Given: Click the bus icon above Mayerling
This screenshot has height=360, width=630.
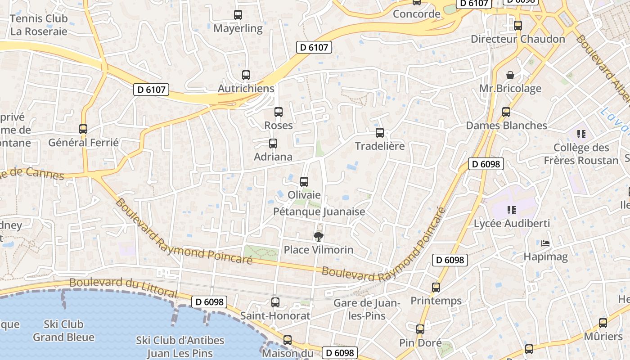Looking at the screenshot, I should click(238, 15).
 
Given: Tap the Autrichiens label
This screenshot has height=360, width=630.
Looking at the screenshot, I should click(246, 89).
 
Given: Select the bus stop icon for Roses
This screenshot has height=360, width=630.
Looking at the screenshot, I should click(279, 112).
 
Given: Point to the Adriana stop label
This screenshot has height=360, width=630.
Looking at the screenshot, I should click(273, 157).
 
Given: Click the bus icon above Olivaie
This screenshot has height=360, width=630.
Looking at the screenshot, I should click(304, 182).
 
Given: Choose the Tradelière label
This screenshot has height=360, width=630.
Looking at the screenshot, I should click(380, 146).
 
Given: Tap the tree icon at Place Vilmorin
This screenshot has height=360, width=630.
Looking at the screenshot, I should click(319, 237).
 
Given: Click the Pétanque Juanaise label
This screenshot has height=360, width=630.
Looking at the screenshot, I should click(319, 211).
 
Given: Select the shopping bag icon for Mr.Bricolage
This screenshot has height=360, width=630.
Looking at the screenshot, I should click(510, 75).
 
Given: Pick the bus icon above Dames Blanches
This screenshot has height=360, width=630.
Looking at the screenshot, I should click(506, 112).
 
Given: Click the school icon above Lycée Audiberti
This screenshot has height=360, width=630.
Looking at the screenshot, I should click(511, 210).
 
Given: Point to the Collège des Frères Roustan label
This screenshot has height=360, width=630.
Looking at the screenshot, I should click(581, 154).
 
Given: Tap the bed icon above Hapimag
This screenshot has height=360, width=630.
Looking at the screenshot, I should click(545, 243).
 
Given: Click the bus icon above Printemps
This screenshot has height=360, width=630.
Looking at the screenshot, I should click(436, 287).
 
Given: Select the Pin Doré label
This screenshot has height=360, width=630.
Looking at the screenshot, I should click(420, 343).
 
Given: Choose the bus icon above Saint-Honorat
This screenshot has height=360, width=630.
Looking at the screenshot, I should click(275, 302).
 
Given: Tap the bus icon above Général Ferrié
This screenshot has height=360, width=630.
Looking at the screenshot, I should click(83, 129).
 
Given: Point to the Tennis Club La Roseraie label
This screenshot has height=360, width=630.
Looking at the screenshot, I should click(39, 25).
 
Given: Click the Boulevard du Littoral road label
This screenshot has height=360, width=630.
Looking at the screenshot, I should click(123, 287).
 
